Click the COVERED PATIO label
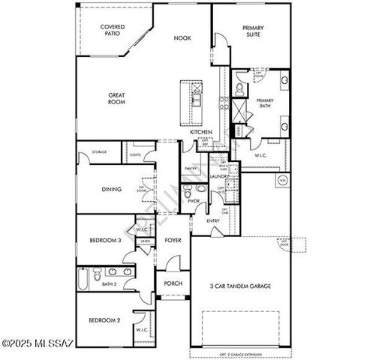point(113,31)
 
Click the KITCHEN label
point(200,133)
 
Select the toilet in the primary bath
point(239,88)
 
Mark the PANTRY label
point(191,169)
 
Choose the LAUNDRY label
point(219,176)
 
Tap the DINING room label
point(112,190)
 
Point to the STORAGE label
point(99,152)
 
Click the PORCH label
point(173,283)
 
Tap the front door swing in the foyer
point(173,263)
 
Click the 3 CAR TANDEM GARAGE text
point(240,286)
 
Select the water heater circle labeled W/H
point(282,180)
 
